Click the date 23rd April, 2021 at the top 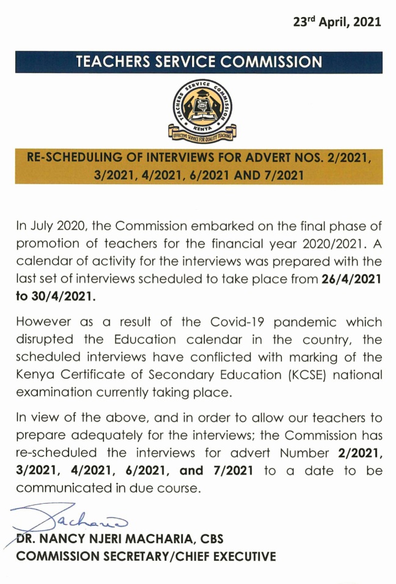point(335,22)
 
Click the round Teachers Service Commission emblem point(199,106)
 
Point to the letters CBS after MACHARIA point(210,539)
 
